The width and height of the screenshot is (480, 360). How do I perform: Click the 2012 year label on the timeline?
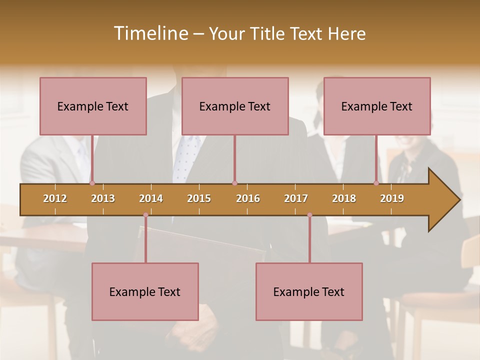pos(55,198)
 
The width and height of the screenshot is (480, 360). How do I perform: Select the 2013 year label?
pos(103,198)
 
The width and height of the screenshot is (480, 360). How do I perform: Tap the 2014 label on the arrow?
pos(151,198)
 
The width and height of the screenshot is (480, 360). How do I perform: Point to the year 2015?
pos(199,198)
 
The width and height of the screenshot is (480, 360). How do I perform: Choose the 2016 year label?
pos(248,198)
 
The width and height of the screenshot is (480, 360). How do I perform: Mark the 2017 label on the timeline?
pos(296,198)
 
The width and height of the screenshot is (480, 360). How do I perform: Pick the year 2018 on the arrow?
pos(344,198)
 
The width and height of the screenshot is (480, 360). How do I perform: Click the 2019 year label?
pos(392,198)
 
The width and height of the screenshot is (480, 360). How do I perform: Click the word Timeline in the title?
pos(149,33)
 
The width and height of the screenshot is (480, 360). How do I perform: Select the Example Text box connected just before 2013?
pos(93,106)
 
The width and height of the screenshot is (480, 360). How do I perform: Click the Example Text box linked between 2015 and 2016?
pos(235,106)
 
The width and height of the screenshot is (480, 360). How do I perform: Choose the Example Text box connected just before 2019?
pos(377,106)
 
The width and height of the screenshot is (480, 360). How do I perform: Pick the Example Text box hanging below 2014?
pos(145,291)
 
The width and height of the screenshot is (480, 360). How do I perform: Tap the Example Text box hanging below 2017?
pos(309,291)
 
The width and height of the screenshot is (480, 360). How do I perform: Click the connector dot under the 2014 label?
pos(145,215)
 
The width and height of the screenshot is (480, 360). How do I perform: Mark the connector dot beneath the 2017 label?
pos(309,215)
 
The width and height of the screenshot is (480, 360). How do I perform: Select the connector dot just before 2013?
pos(92,183)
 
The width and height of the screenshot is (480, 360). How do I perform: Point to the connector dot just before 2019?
pos(376,183)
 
